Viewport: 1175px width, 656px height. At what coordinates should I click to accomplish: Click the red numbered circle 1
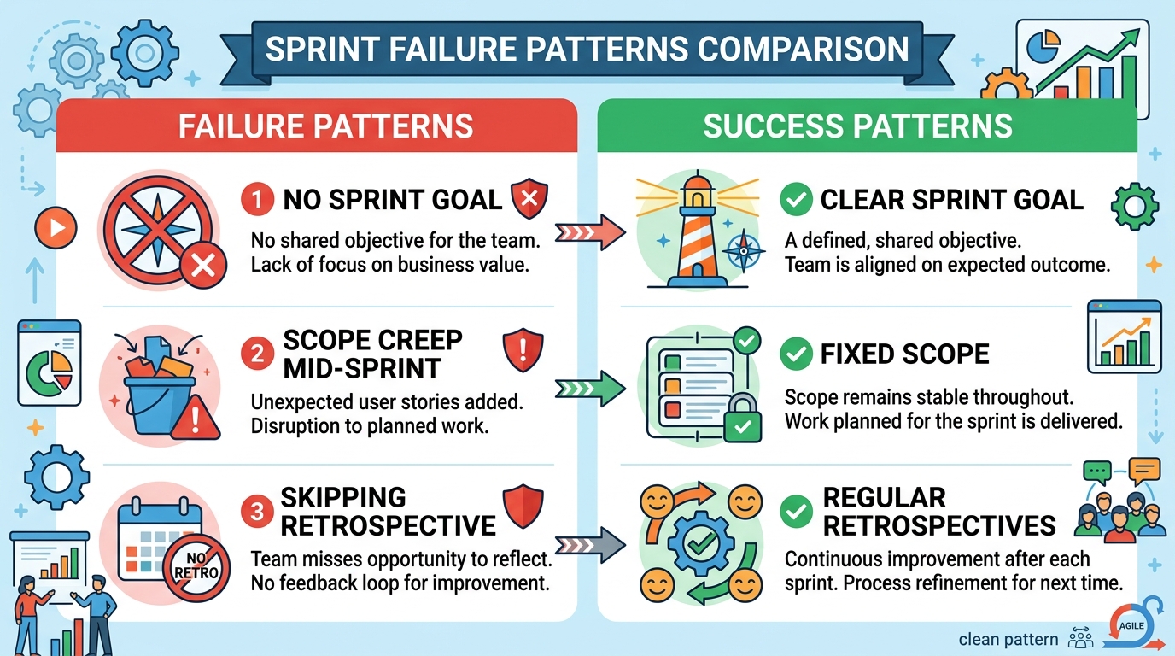click(x=257, y=199)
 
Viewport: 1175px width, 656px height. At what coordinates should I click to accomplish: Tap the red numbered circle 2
click(x=257, y=354)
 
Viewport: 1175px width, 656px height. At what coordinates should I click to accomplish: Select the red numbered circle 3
click(x=257, y=512)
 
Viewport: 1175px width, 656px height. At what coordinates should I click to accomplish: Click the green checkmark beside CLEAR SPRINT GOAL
click(x=796, y=199)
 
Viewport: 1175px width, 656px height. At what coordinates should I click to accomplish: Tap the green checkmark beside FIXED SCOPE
click(x=796, y=354)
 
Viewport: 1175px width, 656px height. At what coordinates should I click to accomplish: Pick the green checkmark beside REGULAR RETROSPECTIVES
click(x=796, y=512)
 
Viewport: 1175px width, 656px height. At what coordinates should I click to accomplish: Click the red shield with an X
click(x=529, y=198)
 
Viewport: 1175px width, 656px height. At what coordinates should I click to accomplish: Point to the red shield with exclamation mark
click(x=523, y=350)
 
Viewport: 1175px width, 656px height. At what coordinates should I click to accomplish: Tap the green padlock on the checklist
click(x=742, y=418)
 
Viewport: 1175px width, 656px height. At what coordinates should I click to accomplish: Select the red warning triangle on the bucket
click(x=196, y=419)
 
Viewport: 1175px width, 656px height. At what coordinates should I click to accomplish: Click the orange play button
click(x=56, y=228)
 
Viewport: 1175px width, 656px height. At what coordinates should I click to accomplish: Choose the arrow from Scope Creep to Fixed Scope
click(x=590, y=389)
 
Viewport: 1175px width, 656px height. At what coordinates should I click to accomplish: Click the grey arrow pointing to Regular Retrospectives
click(x=590, y=546)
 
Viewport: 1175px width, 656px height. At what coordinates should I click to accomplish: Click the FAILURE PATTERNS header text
click(x=325, y=126)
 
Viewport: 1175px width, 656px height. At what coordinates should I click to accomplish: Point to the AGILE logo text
click(x=1131, y=625)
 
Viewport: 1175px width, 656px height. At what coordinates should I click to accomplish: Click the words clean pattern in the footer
click(x=1008, y=639)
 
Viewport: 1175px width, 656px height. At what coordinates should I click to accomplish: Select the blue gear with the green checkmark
click(x=701, y=544)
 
